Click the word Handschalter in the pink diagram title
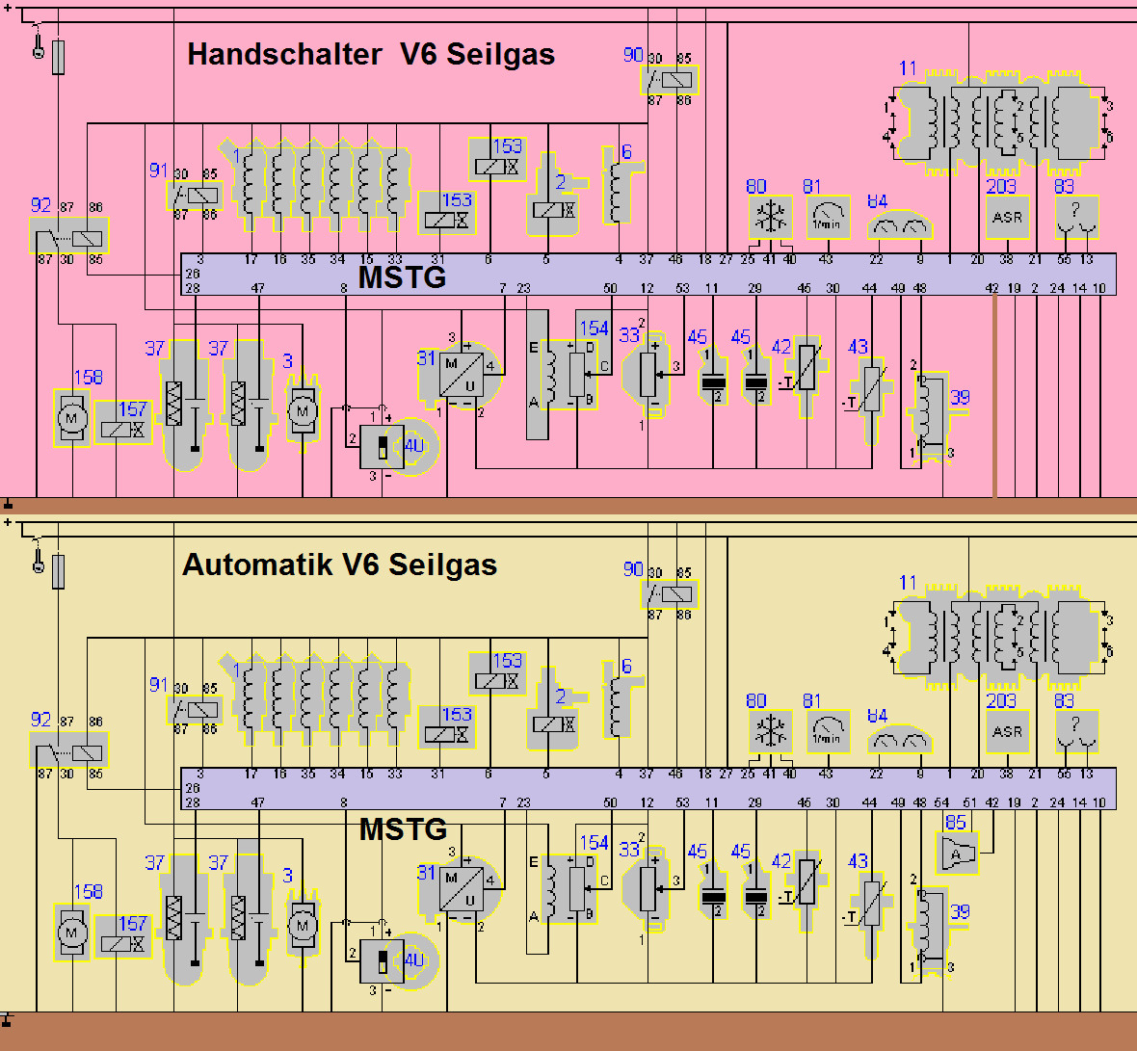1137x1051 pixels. coord(284,54)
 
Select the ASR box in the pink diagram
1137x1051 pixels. coord(1007,218)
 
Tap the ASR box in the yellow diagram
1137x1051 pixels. coord(1007,732)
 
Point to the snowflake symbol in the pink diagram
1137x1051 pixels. coord(770,218)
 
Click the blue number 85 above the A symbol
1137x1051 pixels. coord(955,822)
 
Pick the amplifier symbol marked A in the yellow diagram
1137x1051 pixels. coord(956,854)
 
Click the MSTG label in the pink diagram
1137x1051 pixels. coord(402,277)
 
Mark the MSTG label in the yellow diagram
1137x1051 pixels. coord(403,829)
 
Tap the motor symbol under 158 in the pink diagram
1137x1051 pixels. coord(71,418)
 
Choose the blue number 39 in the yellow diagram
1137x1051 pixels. coord(960,911)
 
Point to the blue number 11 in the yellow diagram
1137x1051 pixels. coord(908,583)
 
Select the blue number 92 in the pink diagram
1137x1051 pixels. coord(40,205)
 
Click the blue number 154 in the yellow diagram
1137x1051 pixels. coord(594,843)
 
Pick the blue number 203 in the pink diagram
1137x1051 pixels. coord(1001,186)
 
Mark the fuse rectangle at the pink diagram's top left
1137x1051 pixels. coord(59,57)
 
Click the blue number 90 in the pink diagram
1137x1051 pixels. coord(633,55)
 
